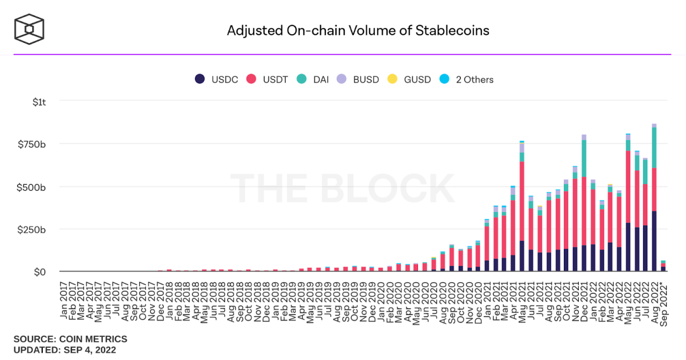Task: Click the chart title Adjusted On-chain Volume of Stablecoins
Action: [x=357, y=30]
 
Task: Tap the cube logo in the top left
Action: [x=29, y=29]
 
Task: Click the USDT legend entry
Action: [x=267, y=79]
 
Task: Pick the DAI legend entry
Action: [x=314, y=79]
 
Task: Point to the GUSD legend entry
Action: [x=409, y=79]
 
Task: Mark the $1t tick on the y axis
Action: [x=40, y=101]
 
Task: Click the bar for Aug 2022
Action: [x=654, y=198]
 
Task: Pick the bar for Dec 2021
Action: [x=584, y=204]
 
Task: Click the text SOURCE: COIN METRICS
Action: [x=70, y=339]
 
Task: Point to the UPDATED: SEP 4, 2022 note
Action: [x=64, y=350]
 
